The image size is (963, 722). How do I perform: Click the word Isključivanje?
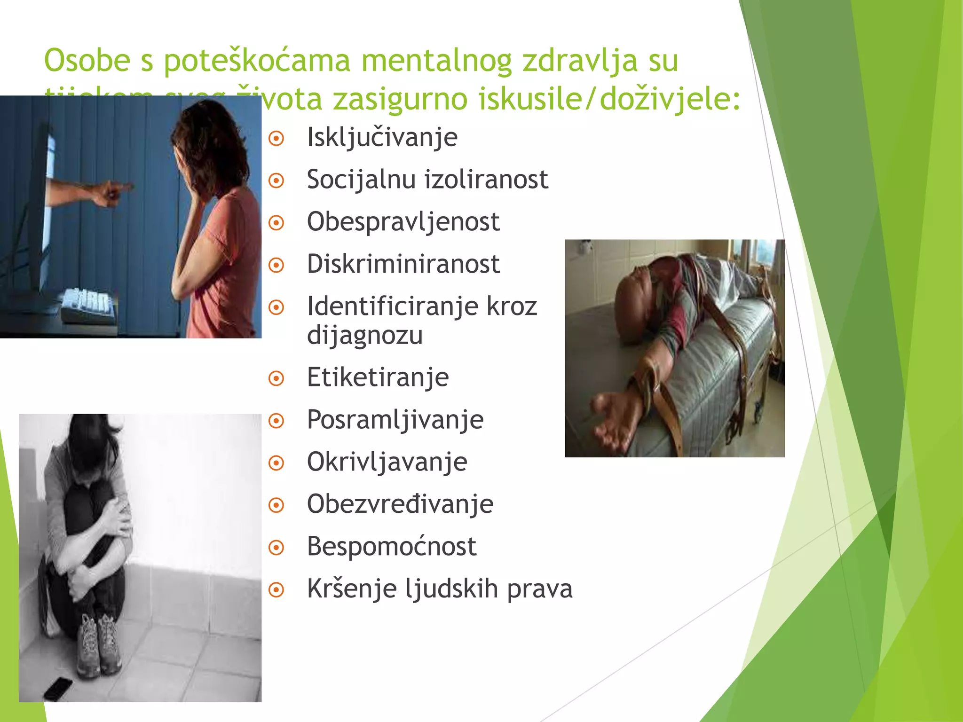(x=382, y=138)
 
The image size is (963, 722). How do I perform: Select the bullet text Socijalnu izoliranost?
(x=427, y=180)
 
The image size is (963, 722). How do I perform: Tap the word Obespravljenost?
(x=403, y=222)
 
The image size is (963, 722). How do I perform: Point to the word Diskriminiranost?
(x=403, y=264)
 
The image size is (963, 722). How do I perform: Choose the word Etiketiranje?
(x=378, y=377)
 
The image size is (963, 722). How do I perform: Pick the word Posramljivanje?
(x=395, y=420)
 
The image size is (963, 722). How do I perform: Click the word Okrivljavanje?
(x=387, y=462)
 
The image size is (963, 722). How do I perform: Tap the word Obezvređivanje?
(x=400, y=504)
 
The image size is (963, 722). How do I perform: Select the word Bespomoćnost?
(x=391, y=547)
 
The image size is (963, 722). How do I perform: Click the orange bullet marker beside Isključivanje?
(x=276, y=139)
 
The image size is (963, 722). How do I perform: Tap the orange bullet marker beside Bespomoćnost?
(x=276, y=548)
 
